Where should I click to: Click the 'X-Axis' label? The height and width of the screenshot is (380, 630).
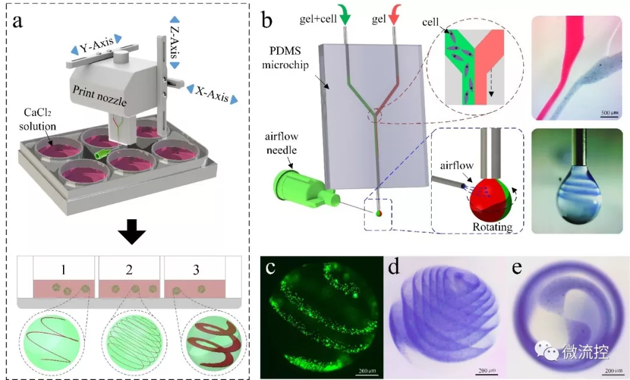coord(212,94)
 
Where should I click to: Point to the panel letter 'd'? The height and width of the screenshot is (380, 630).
coord(393,269)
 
